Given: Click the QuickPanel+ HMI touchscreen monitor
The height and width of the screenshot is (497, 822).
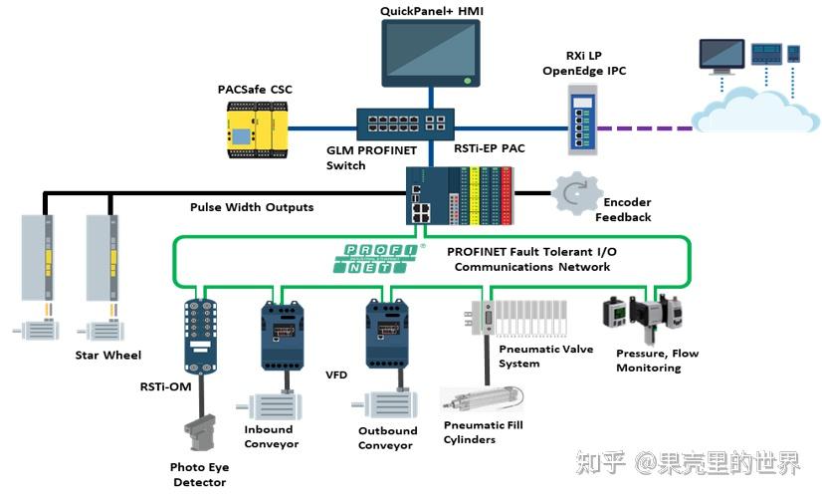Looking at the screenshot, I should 430,53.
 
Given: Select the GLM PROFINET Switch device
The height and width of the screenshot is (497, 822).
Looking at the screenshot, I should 405,123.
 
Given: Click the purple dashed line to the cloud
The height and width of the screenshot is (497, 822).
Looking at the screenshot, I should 648,128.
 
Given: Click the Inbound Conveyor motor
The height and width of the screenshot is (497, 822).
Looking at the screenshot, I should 271,407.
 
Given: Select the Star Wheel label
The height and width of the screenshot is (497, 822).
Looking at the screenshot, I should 107,355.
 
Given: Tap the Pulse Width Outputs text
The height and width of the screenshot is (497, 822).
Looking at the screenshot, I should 252,207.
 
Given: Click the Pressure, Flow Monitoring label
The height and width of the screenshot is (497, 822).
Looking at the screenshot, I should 656,360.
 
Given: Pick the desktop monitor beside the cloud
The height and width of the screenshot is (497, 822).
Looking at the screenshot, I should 720,55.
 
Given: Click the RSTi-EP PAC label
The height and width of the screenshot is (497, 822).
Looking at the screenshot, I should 489,148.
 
